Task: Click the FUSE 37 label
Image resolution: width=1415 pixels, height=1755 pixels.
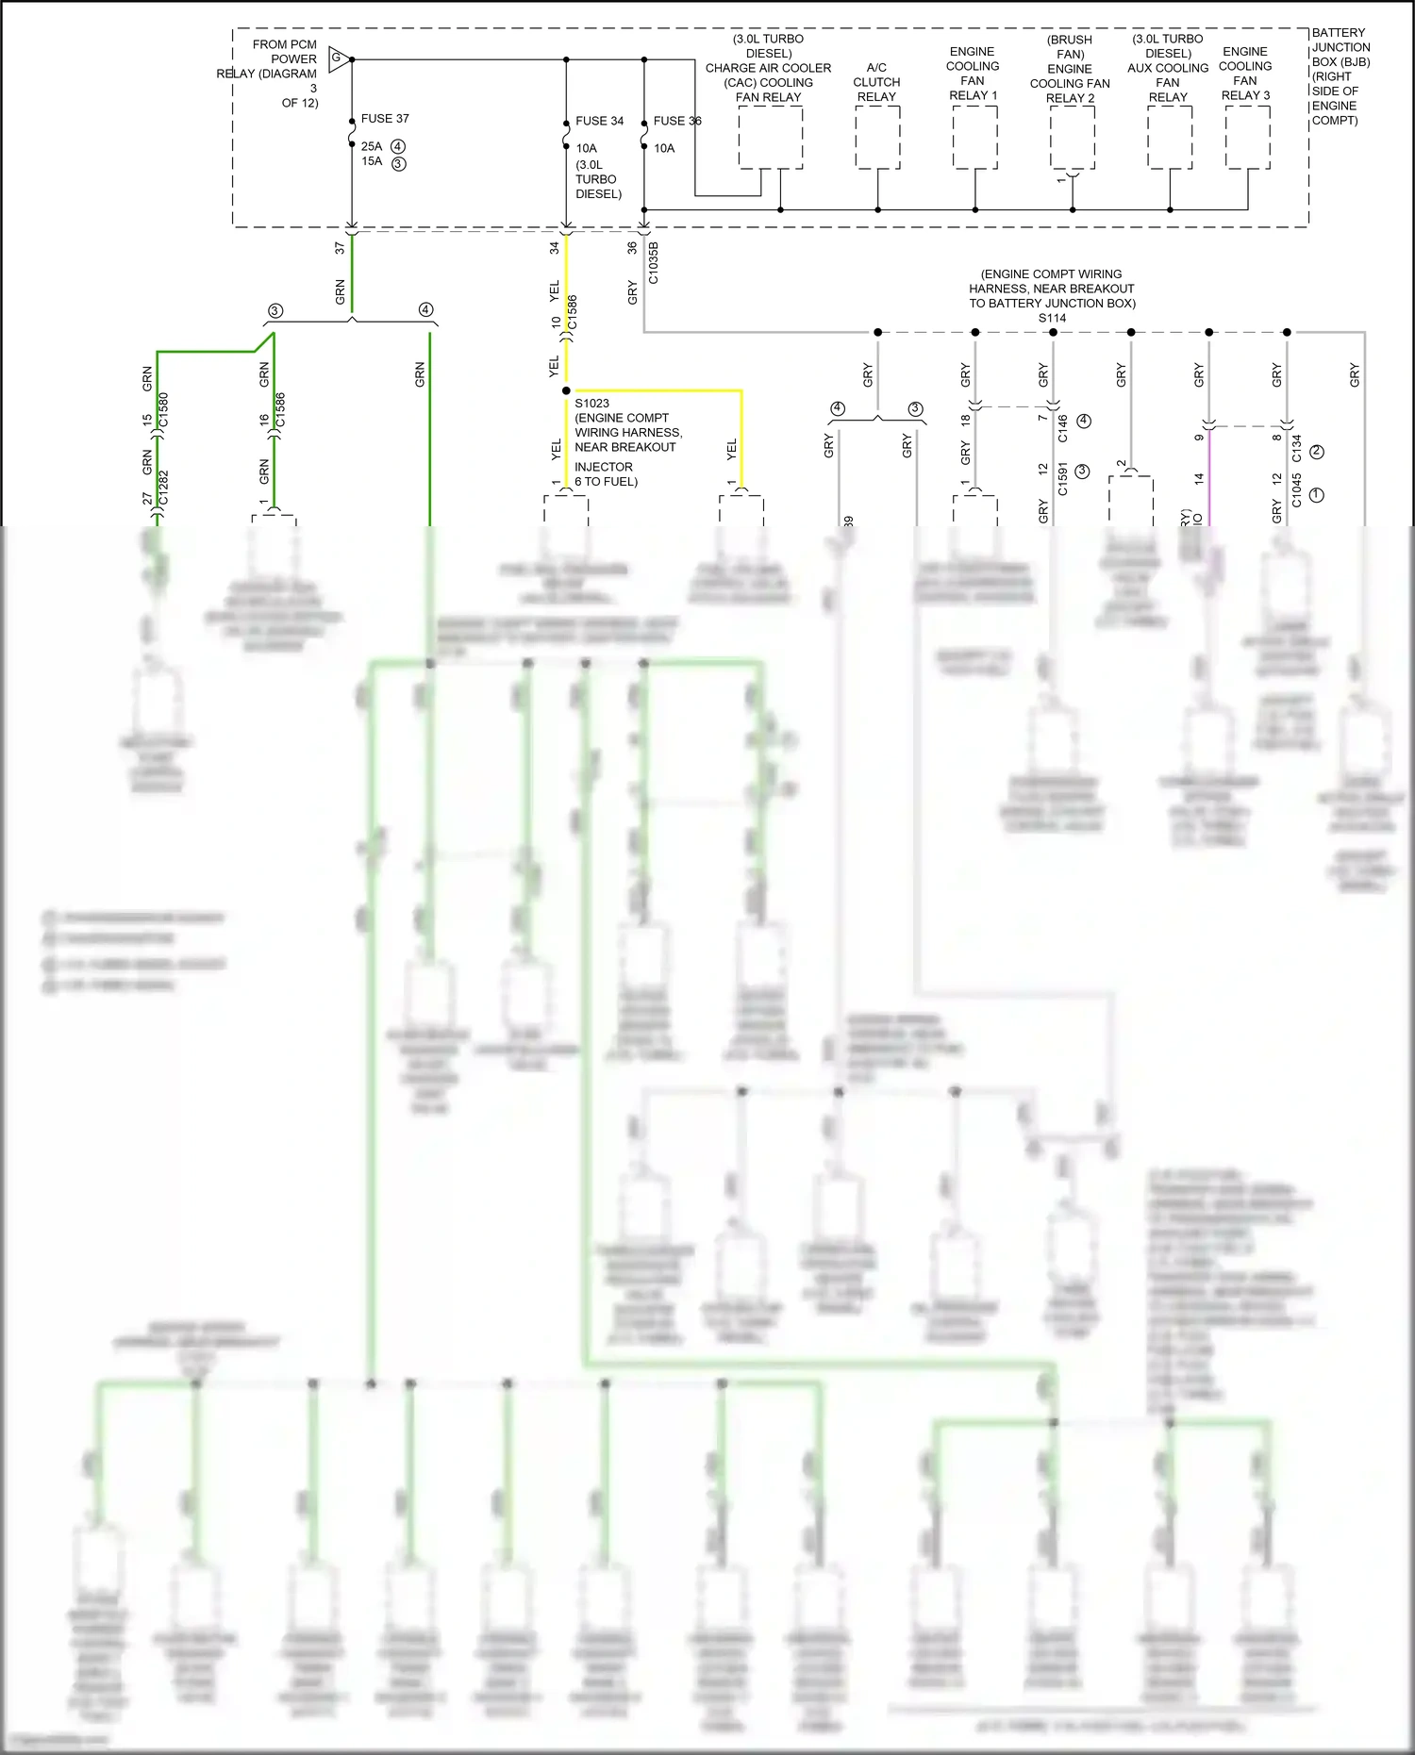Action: coord(385,119)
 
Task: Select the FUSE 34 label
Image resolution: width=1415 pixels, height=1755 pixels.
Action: coord(599,121)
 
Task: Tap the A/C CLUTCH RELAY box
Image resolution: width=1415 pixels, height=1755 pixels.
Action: coord(877,138)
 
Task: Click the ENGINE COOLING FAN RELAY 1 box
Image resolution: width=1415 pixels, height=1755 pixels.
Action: coord(974,138)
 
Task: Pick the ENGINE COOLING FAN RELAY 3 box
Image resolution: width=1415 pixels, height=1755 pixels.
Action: coord(1247,138)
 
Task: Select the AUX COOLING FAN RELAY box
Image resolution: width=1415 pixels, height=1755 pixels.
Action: coord(1170,138)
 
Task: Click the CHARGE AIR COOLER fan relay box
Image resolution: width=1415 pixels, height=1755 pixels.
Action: coord(770,138)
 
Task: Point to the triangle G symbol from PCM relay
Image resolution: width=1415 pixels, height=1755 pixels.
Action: coord(339,59)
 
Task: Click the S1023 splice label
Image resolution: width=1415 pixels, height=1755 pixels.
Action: coord(591,403)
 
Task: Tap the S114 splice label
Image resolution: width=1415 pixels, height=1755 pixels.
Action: coord(1052,318)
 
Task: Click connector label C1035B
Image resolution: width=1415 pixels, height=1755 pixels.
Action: coord(654,262)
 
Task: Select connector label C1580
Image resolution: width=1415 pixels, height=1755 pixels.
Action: coord(163,409)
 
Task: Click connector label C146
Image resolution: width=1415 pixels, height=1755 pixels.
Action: coord(1062,428)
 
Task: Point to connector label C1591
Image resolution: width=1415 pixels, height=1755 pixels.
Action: coord(1062,478)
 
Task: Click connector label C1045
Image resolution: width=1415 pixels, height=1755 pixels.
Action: coord(1296,490)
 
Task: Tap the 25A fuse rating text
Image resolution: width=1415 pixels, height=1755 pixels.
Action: coord(372,146)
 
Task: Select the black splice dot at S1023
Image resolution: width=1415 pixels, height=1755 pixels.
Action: coord(566,390)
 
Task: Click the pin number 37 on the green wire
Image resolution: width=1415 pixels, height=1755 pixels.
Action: coord(340,248)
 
